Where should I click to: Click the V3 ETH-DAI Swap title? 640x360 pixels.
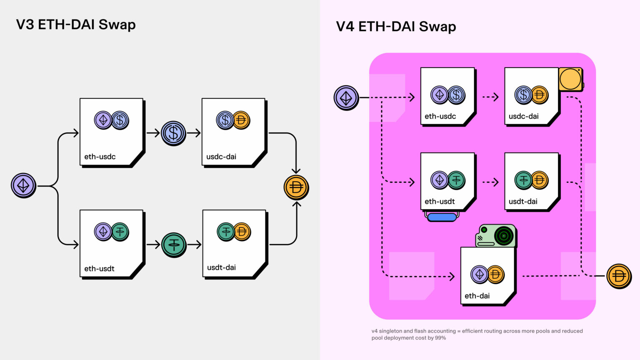76,25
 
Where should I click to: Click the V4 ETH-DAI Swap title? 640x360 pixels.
396,27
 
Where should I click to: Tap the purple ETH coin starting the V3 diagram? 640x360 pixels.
23,185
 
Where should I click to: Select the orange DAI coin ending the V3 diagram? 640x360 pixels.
296,187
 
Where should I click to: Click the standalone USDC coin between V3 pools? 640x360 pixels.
173,133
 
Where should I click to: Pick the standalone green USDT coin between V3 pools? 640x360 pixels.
174,245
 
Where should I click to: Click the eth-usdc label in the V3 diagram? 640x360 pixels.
100,157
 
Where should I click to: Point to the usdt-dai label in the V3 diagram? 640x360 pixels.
221,267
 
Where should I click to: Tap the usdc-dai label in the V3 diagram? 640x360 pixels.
221,157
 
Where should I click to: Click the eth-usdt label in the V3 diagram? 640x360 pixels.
99,269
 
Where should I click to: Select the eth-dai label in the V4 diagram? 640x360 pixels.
477,296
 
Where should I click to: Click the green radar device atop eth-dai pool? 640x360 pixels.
496,236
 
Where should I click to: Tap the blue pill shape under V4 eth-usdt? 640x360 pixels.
442,217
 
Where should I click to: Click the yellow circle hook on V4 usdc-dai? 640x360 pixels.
570,79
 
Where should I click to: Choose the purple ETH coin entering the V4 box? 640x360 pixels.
346,98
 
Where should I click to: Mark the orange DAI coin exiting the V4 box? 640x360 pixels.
618,276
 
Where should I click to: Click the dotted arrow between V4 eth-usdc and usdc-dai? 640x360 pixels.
490,97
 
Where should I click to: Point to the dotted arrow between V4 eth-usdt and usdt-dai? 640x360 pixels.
490,182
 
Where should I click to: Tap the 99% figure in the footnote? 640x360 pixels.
440,338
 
